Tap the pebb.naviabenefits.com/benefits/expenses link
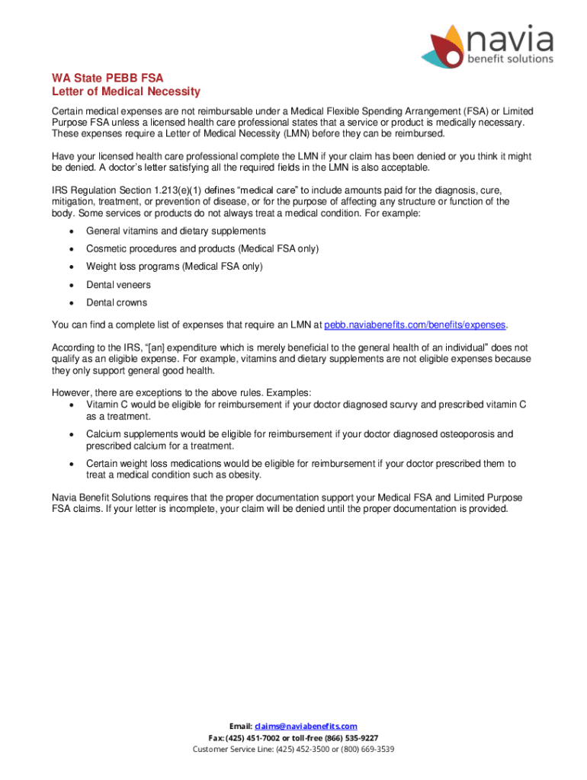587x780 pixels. pos(415,324)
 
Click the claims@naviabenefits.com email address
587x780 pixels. pos(306,727)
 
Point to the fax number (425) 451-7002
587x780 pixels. pos(258,738)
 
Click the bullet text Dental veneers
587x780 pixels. pos(118,285)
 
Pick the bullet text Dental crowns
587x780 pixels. pos(117,302)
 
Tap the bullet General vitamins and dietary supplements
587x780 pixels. pos(175,231)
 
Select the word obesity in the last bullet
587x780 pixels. pos(244,475)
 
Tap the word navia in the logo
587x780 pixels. pos(509,39)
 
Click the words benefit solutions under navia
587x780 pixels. pos(511,59)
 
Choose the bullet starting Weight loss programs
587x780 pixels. pos(174,267)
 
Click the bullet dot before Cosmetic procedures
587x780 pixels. pos(71,249)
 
